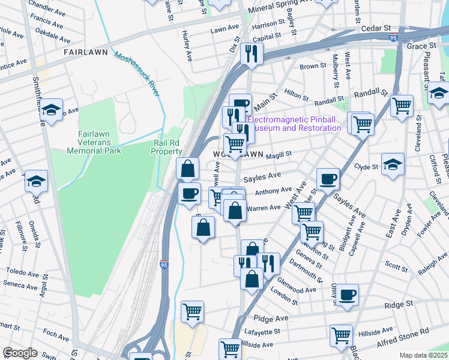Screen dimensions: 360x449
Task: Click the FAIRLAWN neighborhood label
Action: coord(86,52)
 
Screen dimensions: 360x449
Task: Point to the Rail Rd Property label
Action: coord(166,147)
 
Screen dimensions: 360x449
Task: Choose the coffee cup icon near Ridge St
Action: coord(347,295)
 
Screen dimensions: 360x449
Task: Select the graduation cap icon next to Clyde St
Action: coord(393,164)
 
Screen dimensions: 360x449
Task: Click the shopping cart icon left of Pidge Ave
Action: coord(192,311)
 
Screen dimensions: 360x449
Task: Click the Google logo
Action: coord(20,353)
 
